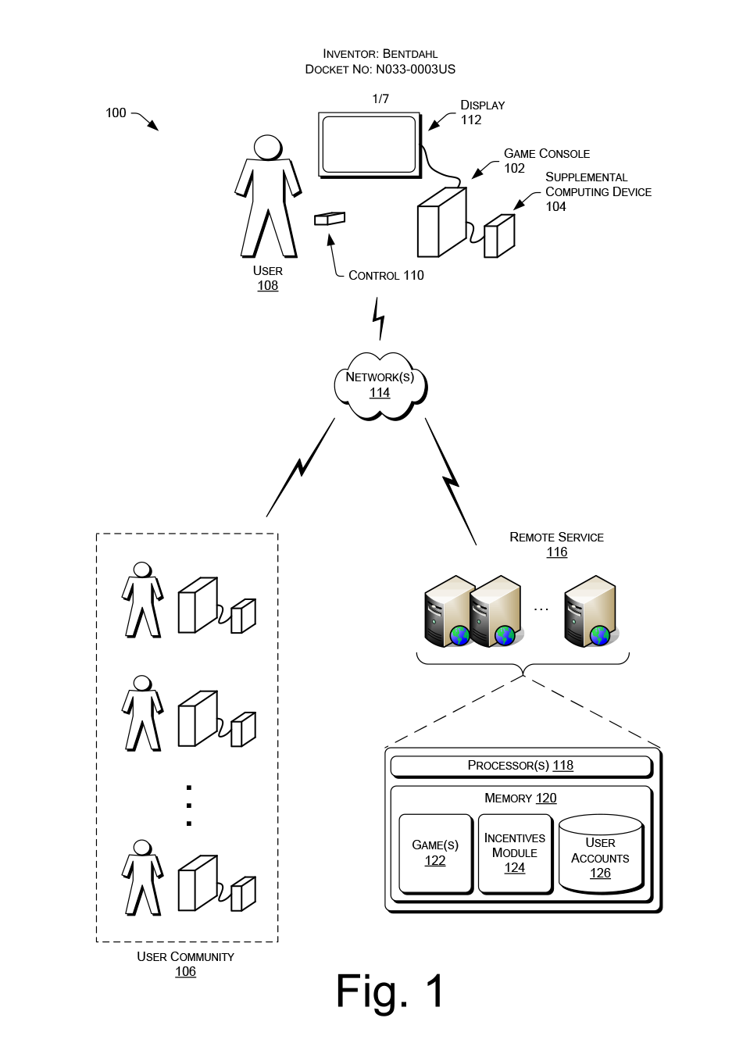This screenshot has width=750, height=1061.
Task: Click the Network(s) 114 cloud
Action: click(x=380, y=385)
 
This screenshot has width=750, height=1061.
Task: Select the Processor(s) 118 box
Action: click(x=520, y=766)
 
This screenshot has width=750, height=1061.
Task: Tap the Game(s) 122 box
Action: click(x=435, y=853)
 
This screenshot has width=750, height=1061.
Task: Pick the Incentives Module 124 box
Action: click(x=515, y=853)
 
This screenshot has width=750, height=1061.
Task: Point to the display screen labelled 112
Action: click(x=369, y=145)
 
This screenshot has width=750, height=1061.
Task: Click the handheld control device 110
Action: click(x=330, y=219)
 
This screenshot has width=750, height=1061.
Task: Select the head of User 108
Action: click(x=268, y=148)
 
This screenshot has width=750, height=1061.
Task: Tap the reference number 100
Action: click(x=116, y=113)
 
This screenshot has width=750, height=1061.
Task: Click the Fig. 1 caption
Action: click(x=390, y=991)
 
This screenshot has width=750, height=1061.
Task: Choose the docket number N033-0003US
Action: click(x=416, y=70)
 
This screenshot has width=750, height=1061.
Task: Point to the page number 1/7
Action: click(x=380, y=99)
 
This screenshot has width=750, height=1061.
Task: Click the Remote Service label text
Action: click(x=556, y=538)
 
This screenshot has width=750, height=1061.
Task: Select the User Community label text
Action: click(x=185, y=957)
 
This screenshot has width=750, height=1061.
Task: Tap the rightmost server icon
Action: click(x=591, y=611)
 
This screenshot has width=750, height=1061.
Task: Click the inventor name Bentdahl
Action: click(x=410, y=54)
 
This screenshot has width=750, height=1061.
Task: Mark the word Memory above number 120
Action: click(x=508, y=798)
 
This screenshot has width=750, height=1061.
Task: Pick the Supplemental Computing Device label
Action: click(x=598, y=185)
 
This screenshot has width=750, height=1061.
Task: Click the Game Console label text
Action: click(x=547, y=154)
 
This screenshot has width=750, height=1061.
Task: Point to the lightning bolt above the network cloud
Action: click(x=379, y=317)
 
